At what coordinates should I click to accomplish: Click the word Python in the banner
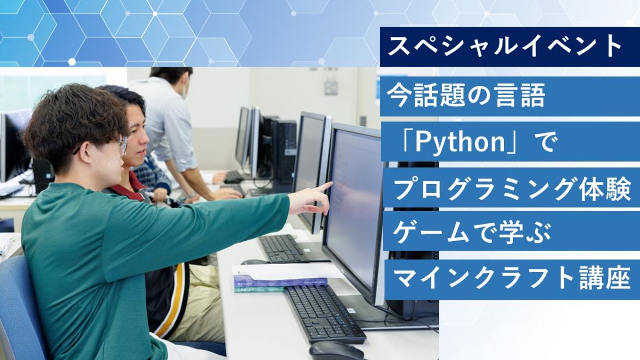coord(460,142)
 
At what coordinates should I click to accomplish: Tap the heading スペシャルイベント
coord(505,47)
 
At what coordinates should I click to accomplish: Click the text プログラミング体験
coord(513,189)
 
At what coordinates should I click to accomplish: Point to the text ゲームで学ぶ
coord(471,233)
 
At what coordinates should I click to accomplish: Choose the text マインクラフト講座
coord(513,277)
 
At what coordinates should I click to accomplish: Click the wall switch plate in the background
coord(331,87)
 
